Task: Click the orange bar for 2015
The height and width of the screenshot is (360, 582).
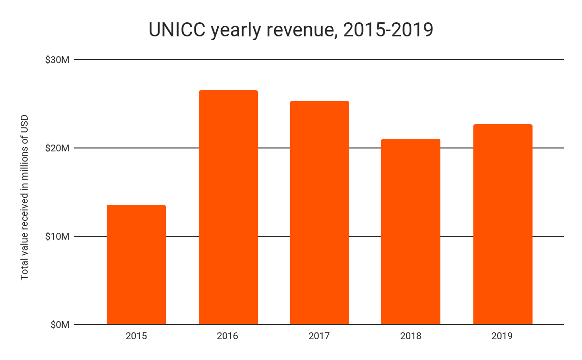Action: [x=136, y=264]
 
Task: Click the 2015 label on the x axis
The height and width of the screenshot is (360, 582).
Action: [x=136, y=336]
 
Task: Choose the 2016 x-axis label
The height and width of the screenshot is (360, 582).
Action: [x=228, y=336]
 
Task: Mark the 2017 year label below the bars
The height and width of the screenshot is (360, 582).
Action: [x=319, y=336]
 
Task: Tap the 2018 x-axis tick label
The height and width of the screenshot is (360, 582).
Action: [x=411, y=336]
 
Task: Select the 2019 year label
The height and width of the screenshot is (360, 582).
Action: [x=502, y=336]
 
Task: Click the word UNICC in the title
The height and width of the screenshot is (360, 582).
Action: [x=177, y=30]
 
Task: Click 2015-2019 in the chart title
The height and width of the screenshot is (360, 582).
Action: [x=388, y=30]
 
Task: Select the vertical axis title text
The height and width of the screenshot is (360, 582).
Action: [x=25, y=197]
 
